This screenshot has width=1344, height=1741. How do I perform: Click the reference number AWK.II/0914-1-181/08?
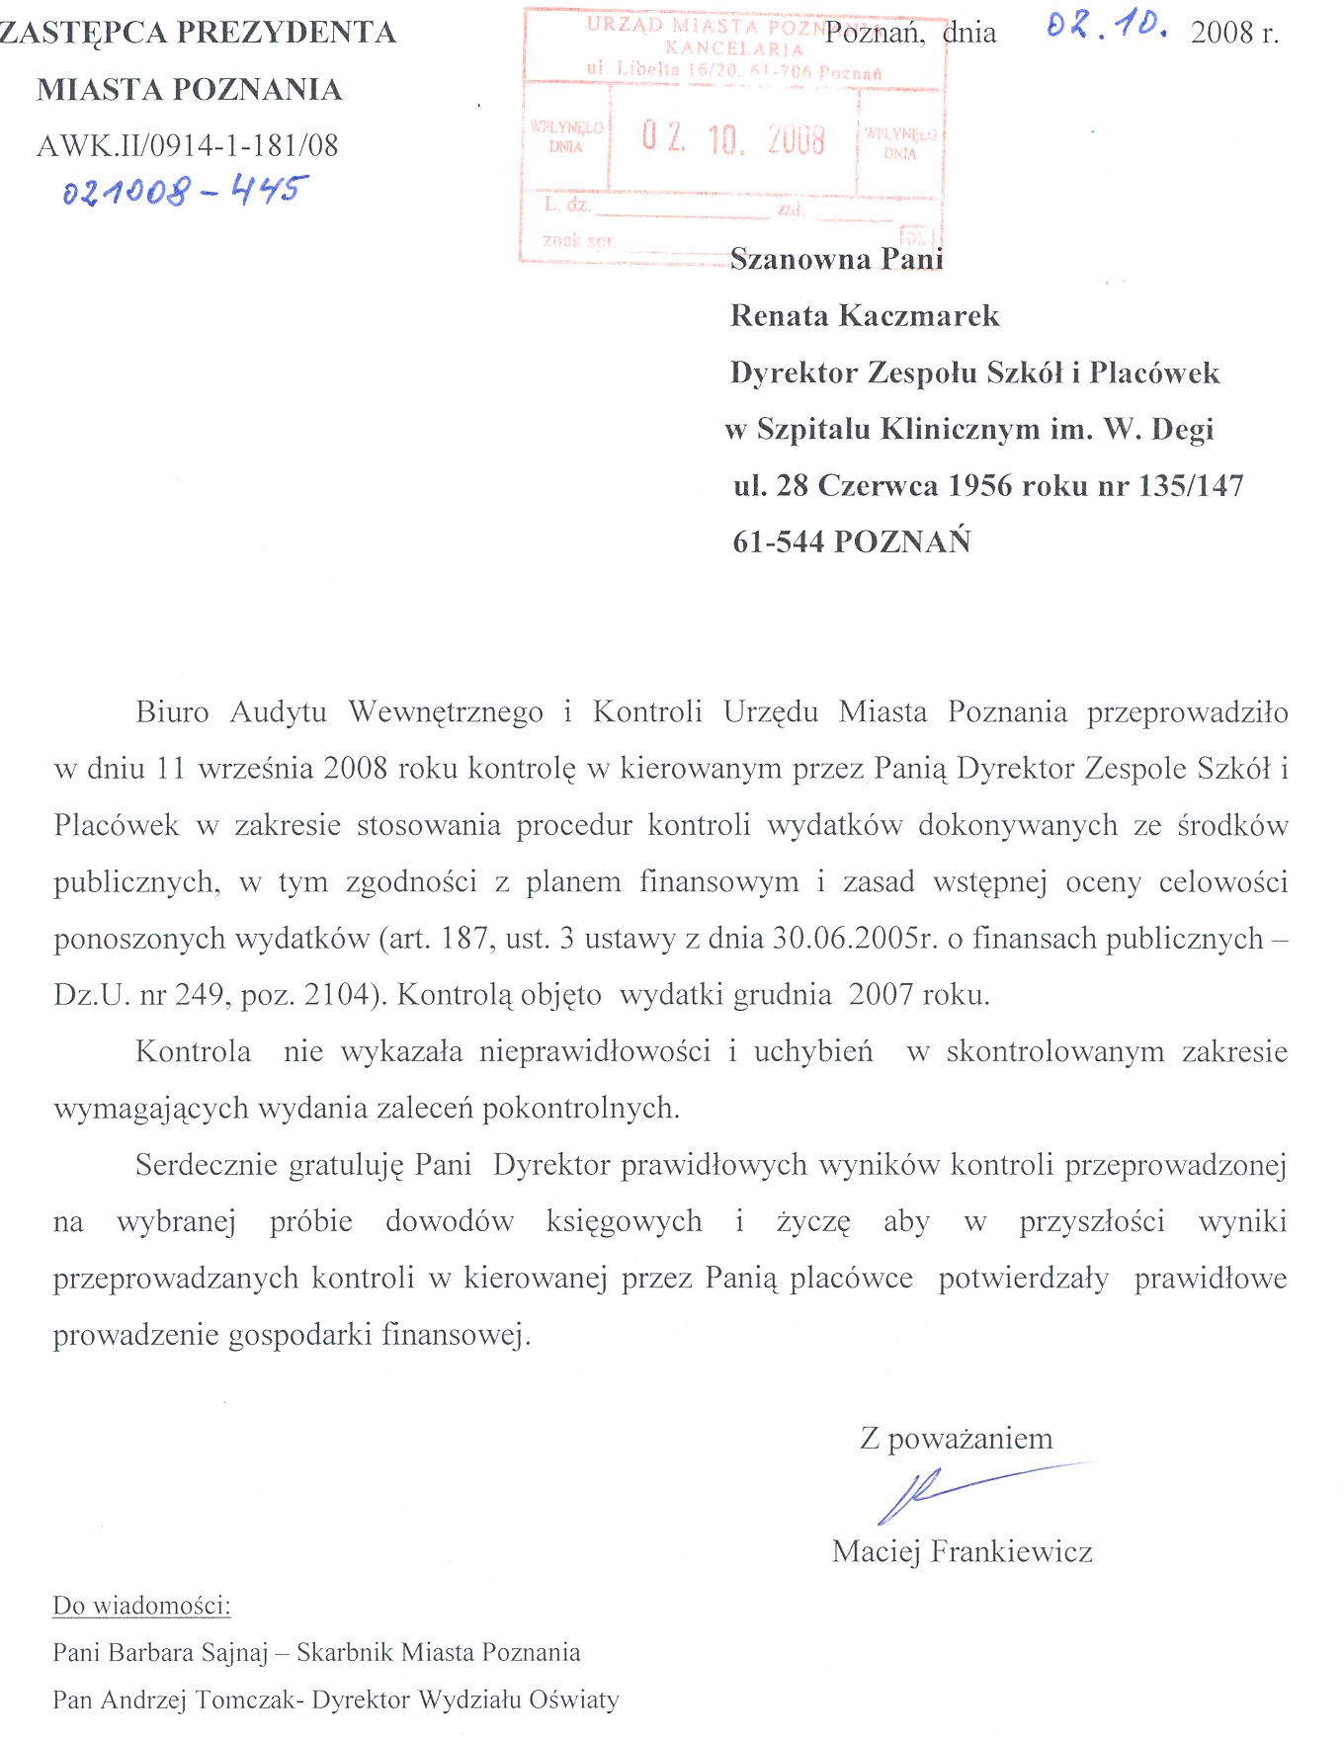188,146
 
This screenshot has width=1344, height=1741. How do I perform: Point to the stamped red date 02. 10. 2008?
732,138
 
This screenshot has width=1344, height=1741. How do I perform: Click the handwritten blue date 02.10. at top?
1106,27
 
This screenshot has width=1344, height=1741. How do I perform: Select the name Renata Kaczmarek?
865,316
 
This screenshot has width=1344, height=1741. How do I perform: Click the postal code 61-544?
779,541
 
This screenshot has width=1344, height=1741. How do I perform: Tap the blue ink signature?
949,1490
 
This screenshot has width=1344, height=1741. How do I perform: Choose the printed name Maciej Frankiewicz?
962,1551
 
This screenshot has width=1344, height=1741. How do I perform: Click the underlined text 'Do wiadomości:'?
141,1606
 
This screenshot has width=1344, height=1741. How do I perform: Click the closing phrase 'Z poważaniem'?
956,1438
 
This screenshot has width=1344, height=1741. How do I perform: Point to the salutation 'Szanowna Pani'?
836,259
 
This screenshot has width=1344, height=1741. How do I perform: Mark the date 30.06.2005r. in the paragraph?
855,938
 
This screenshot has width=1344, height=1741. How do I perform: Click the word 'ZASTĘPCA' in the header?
84,33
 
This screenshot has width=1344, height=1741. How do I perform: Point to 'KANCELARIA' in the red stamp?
734,47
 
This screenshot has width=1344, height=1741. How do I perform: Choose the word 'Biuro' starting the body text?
172,711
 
